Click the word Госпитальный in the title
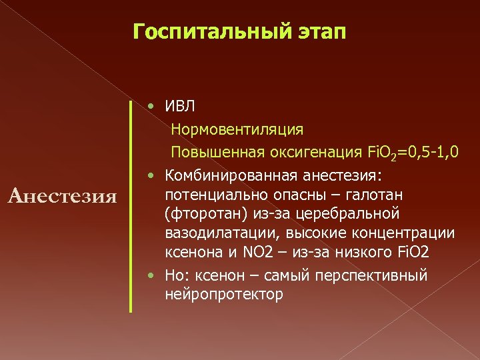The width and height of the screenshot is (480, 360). (204, 31)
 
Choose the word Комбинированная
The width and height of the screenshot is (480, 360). (231, 176)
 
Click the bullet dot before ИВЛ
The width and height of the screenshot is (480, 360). (153, 107)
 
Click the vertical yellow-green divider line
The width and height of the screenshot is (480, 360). (131, 206)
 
